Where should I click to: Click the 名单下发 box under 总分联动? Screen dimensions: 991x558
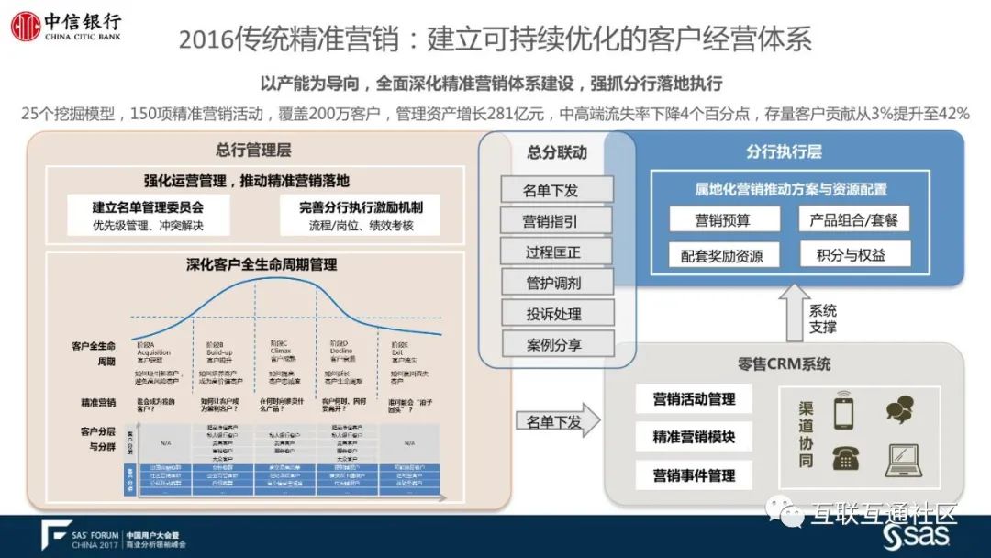[556, 190]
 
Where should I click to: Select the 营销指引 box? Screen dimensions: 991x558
[556, 221]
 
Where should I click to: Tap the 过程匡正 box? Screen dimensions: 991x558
[556, 252]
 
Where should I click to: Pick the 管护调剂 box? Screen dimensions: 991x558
[556, 283]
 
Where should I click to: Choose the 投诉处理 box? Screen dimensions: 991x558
[556, 314]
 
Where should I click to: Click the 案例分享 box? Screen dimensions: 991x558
[556, 345]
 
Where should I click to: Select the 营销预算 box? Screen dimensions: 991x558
[723, 220]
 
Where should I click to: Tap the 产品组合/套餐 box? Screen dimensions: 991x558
[854, 220]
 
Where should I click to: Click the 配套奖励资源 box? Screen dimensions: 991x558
[723, 255]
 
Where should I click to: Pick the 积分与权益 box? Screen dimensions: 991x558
[854, 255]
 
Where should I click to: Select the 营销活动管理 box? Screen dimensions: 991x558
[694, 399]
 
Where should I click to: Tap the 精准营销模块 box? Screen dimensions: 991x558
[694, 438]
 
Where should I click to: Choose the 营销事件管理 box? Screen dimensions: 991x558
[694, 475]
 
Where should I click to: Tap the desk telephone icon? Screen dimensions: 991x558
[845, 459]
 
